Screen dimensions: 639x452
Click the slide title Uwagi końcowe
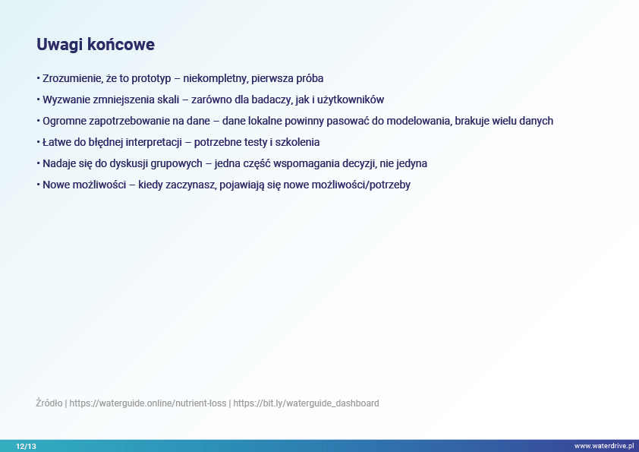coord(96,45)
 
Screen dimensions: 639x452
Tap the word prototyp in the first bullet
coord(151,79)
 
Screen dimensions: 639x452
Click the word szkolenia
coord(297,142)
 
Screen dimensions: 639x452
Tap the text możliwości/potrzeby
coord(360,185)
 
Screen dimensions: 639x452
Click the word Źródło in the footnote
coord(49,403)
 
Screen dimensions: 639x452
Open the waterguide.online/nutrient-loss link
coord(147,403)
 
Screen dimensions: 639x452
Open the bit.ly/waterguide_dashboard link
coord(306,403)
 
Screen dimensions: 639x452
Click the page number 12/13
coord(26,446)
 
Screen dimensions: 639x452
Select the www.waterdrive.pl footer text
coord(604,446)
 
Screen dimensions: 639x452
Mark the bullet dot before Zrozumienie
coord(38,77)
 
